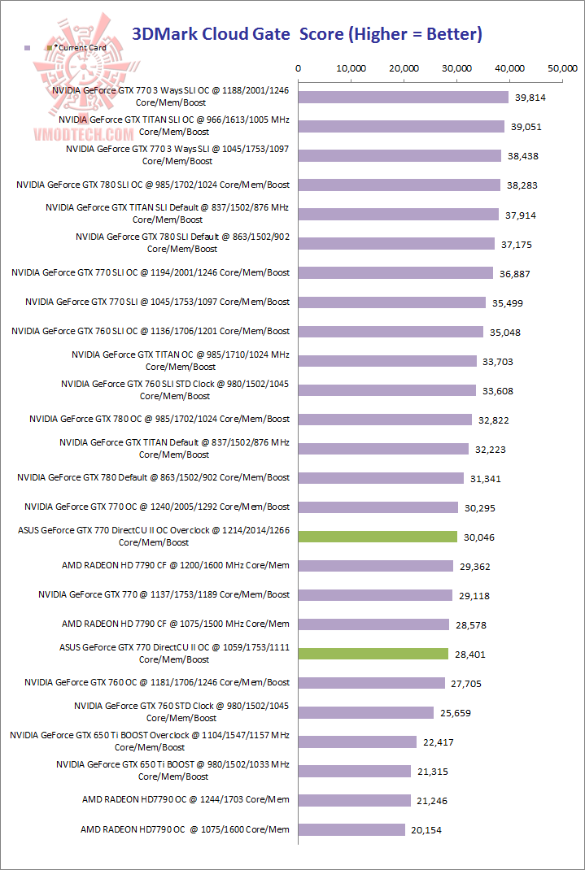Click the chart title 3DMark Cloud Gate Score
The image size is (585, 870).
click(307, 34)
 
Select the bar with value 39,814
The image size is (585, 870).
click(404, 98)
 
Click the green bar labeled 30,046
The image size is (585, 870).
click(378, 537)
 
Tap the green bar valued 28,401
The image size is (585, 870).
click(373, 654)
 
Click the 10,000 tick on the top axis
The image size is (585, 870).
click(351, 69)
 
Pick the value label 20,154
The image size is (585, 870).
click(430, 830)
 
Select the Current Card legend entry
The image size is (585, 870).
click(79, 48)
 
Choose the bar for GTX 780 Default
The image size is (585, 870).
click(381, 478)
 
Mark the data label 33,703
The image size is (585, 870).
click(497, 362)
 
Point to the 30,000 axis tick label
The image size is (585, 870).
click(456, 69)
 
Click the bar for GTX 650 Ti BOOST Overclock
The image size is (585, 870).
click(357, 742)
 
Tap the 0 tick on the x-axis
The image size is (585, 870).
click(299, 69)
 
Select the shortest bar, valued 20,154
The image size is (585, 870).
click(351, 829)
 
